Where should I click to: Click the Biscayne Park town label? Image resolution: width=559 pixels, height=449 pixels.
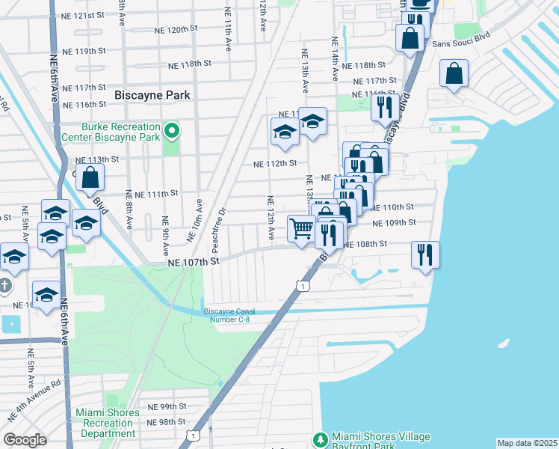152,95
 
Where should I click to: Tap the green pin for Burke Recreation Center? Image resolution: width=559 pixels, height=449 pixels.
171,132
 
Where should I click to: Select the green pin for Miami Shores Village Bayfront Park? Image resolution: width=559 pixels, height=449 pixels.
321,438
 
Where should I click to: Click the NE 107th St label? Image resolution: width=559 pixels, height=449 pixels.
192,263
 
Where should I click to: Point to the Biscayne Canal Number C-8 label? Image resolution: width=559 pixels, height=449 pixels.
227,316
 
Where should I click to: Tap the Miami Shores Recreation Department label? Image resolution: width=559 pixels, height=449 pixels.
107,423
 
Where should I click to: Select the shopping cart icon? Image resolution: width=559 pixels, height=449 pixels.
301,229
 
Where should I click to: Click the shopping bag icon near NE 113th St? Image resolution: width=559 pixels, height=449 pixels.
90,178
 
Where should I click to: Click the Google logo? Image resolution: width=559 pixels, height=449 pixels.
25,440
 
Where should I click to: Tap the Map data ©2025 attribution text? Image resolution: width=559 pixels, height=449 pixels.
526,443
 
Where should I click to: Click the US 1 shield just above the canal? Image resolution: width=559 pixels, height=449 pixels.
302,286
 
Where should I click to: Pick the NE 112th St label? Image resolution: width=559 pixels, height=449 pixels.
275,163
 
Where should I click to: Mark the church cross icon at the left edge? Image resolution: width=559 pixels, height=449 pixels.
4,286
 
